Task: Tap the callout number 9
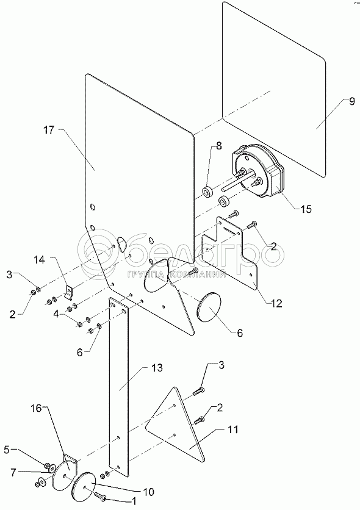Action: [x=351, y=101]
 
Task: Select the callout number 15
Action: [x=306, y=209]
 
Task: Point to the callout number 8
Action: [x=218, y=146]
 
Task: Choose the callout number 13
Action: [x=157, y=368]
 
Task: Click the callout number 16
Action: [x=37, y=408]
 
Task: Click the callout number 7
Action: [x=13, y=473]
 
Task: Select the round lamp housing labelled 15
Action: [x=259, y=172]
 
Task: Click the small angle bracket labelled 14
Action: [x=69, y=292]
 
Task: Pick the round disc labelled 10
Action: [x=84, y=487]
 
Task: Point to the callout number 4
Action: [x=57, y=315]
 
